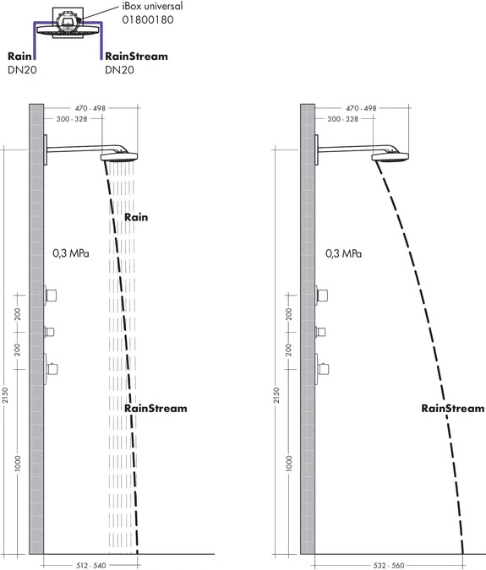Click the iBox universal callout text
152,6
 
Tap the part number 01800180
148,19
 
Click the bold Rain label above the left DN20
19,56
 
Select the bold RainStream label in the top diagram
136,56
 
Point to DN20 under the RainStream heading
119,70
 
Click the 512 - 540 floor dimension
91,565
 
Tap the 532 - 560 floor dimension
389,565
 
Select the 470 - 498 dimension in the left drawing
90,108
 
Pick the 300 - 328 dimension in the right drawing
342,119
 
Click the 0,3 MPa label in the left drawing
71,253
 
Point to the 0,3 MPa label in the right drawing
343,253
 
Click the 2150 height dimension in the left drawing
5,395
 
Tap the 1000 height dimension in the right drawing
289,464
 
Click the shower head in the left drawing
119,157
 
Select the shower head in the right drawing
390,157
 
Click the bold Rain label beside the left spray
136,217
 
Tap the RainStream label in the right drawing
453,408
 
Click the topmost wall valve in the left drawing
50,296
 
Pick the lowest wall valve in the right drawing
322,369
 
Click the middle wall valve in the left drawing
49,332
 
